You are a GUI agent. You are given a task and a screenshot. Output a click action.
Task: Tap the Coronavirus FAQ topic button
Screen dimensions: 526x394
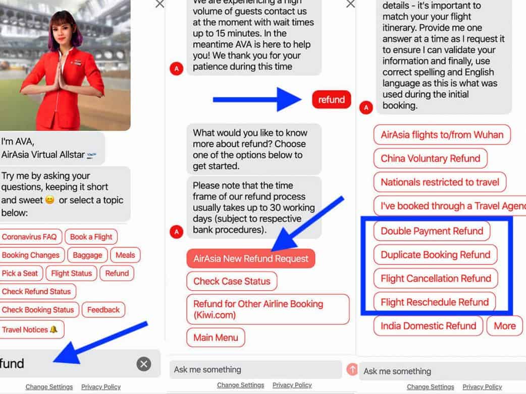(x=29, y=237)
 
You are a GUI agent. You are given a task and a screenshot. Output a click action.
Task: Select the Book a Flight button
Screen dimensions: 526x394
(x=91, y=237)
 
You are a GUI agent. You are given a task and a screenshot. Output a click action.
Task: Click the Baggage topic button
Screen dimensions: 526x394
(x=87, y=255)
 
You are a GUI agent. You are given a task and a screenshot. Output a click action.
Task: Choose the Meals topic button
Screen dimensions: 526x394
(x=126, y=255)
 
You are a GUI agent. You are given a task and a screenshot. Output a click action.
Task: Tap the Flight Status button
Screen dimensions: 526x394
(x=72, y=273)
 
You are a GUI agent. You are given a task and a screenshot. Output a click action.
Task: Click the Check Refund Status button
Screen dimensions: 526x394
(x=37, y=292)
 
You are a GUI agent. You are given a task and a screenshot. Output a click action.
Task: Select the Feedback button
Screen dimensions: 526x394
(x=103, y=310)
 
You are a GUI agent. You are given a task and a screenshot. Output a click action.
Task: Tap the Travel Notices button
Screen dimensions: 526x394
(x=31, y=330)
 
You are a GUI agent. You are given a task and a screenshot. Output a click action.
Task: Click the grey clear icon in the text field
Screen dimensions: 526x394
(x=144, y=364)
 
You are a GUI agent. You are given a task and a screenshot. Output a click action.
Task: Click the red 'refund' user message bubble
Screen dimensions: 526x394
(x=332, y=99)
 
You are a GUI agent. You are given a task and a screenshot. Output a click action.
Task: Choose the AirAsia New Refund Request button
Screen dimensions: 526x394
(x=251, y=258)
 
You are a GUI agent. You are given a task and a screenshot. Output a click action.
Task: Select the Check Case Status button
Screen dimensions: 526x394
(x=232, y=281)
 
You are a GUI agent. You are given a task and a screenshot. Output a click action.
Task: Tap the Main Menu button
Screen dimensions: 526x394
(x=216, y=338)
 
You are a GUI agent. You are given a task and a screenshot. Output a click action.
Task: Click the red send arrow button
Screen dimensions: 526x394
(x=352, y=369)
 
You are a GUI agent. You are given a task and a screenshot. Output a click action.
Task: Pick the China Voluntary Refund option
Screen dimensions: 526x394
(x=431, y=158)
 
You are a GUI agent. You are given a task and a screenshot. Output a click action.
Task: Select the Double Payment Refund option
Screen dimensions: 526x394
(x=432, y=231)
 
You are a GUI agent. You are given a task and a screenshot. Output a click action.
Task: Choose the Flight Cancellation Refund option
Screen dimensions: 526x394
(x=436, y=279)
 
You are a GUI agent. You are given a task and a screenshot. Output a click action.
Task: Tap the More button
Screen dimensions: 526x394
(x=505, y=325)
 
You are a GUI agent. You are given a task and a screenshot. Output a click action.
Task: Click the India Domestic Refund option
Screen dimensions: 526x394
(x=429, y=325)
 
